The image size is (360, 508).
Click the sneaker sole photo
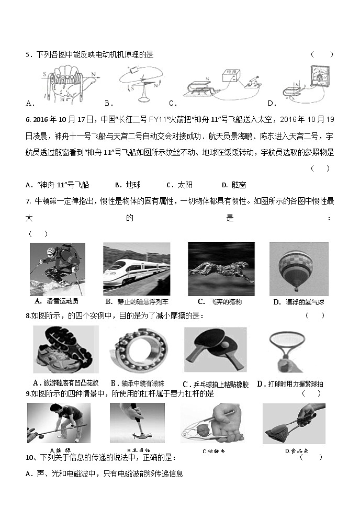[65, 350]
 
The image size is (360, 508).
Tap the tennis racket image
[283, 351]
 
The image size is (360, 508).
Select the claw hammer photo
[137, 423]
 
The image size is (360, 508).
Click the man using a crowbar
[59, 423]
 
